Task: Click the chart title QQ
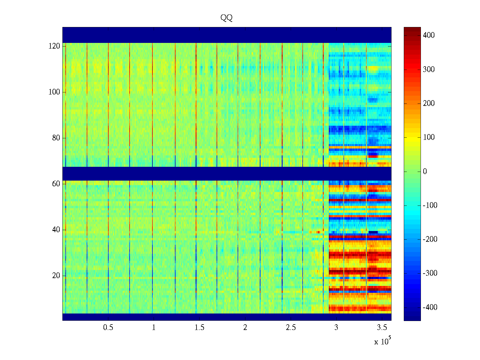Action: point(226,18)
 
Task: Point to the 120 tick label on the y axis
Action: point(54,46)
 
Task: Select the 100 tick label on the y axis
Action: point(54,92)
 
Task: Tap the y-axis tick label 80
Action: point(56,138)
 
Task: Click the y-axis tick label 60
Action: point(56,184)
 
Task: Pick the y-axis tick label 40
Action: point(56,230)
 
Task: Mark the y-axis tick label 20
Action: point(56,276)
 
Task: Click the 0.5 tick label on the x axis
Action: point(108,328)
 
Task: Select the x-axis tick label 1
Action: point(154,328)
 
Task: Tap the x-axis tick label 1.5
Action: point(199,328)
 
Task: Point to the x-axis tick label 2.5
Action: point(291,328)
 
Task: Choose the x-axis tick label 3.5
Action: point(382,328)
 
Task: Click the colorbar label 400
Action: point(429,35)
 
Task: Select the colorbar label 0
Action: point(425,172)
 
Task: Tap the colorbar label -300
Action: point(430,273)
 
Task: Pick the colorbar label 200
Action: point(429,103)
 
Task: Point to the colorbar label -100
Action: point(430,205)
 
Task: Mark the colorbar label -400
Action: point(430,307)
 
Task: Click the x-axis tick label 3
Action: point(336,328)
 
